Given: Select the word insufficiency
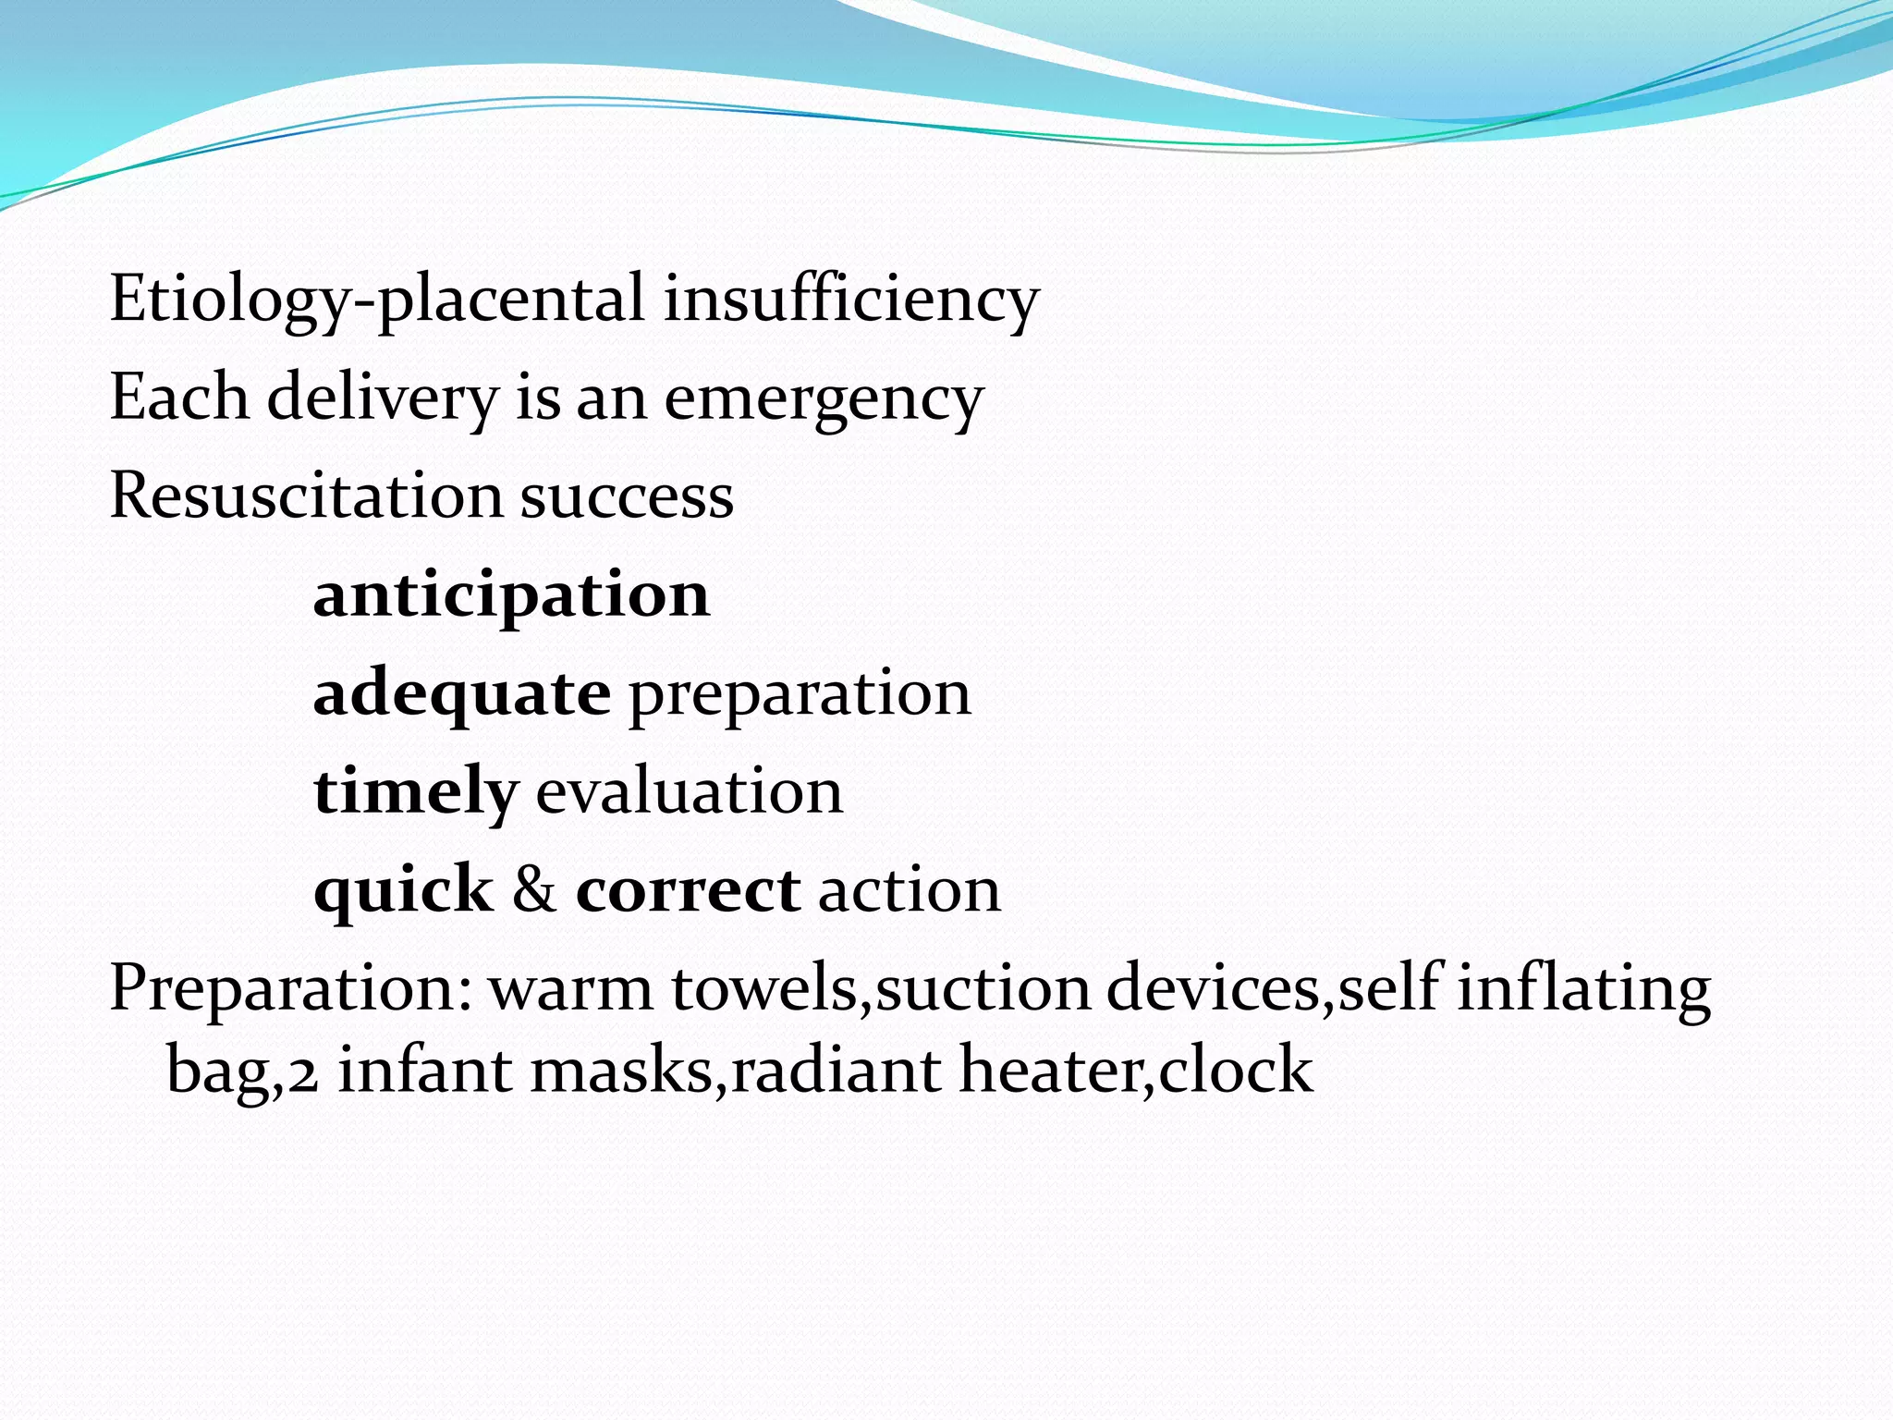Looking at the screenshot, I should [851, 300].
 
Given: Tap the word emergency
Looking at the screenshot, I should [824, 398].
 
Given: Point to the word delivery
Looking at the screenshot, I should [383, 398].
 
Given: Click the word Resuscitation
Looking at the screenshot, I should [306, 496].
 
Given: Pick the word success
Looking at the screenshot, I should [627, 496].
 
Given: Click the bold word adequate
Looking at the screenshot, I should [462, 693].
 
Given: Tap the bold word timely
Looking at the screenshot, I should [415, 792].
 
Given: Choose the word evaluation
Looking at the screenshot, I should [690, 792].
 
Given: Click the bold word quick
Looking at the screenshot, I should [403, 890].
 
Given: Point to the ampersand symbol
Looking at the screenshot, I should [534, 890].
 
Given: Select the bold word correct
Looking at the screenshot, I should [688, 890].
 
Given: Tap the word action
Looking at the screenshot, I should [910, 890].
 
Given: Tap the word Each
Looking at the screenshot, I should [179, 398].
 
